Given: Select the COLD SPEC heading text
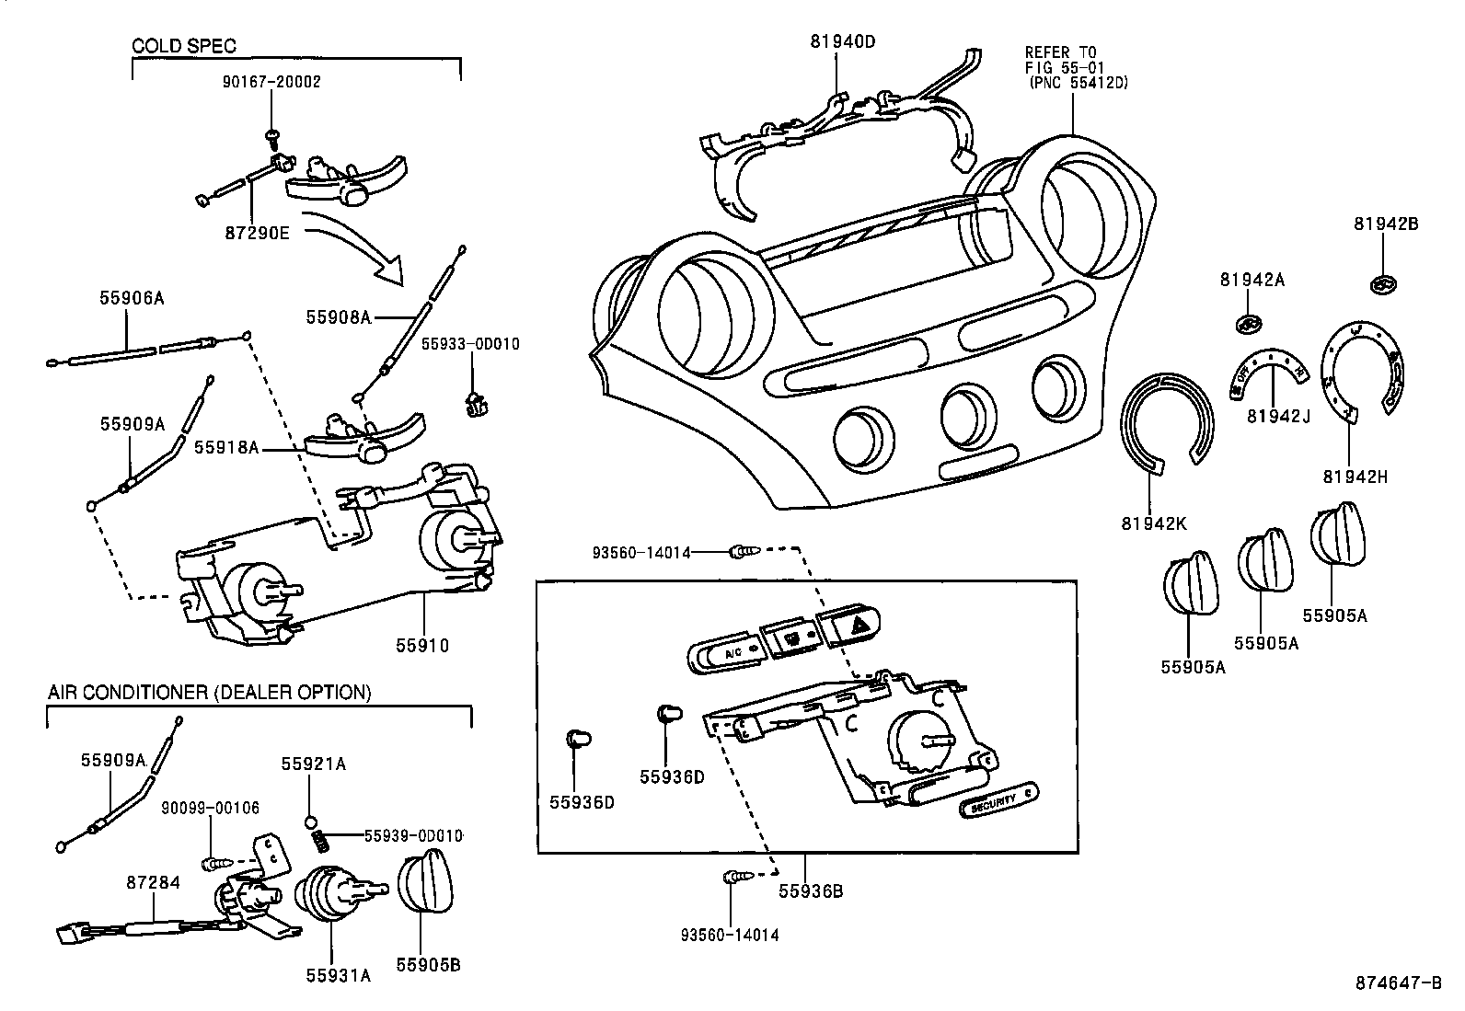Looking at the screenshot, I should pos(185,46).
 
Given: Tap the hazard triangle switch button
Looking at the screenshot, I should pos(849,626).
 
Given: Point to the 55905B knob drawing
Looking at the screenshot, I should pos(425,883).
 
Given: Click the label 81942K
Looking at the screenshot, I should pos(1153,523).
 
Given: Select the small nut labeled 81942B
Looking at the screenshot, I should pos(1381,285).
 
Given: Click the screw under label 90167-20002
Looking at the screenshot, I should pos(272,136).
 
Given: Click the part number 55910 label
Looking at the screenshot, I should pos(423,646).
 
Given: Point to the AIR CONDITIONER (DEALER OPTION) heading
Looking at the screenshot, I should pos(210,692).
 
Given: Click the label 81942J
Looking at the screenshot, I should pos(1278,416).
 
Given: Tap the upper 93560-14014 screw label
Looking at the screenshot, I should pos(641,552).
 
